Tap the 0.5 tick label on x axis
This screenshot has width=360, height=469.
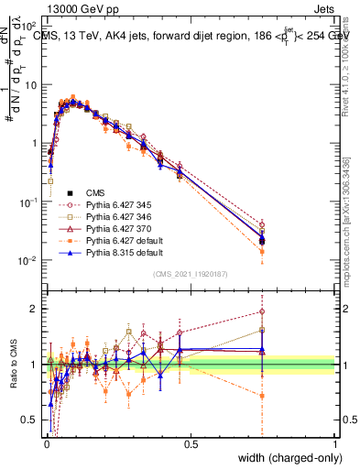click(191, 443)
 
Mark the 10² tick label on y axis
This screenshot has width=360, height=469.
click(31, 26)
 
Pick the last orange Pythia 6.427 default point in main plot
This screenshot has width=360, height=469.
click(263, 251)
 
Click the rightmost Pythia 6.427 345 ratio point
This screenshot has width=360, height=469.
click(263, 311)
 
